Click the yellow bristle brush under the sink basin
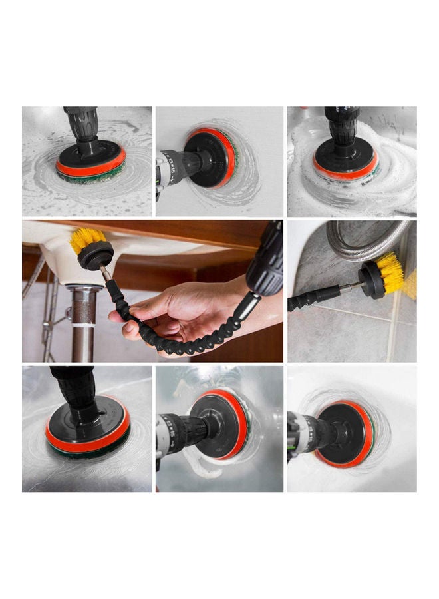[88, 238]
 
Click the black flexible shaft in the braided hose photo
[313, 297]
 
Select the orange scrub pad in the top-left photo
[91, 166]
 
